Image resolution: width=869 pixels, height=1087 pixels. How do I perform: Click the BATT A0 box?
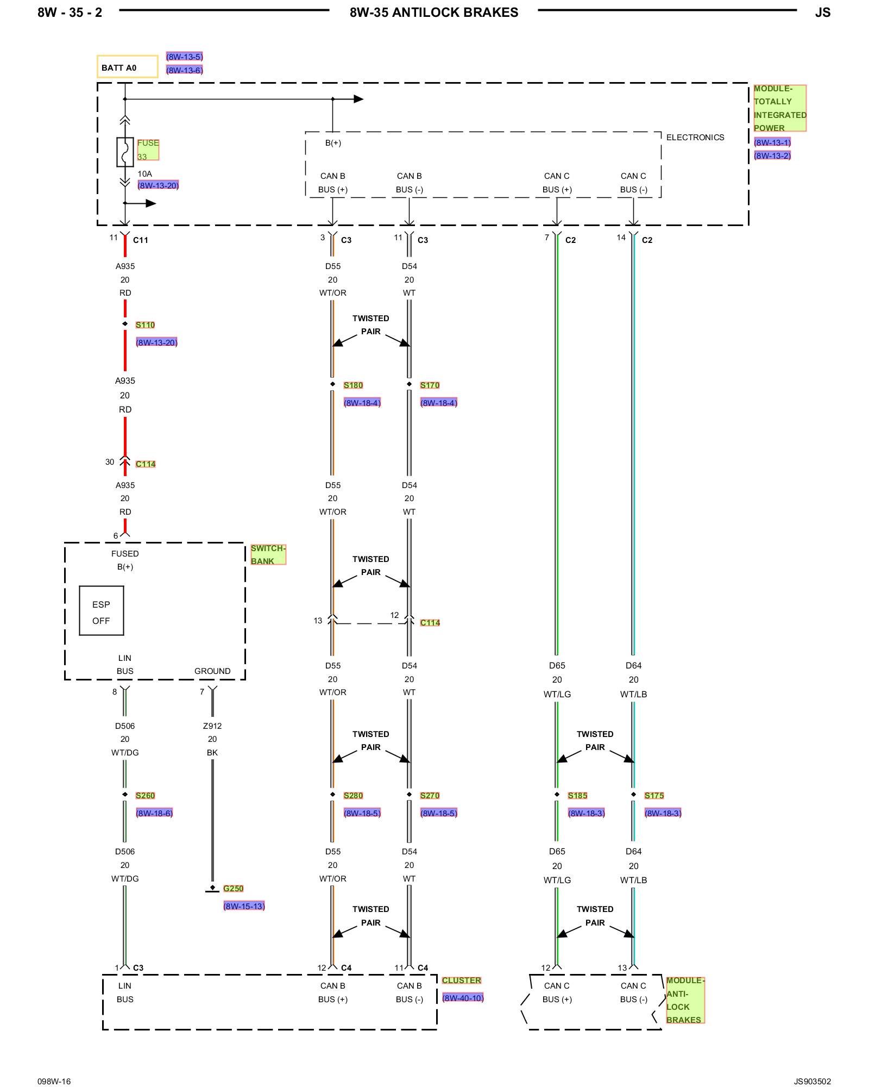(127, 67)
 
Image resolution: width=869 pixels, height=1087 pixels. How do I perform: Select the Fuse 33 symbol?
(125, 152)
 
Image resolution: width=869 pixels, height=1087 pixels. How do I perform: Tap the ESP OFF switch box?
(102, 610)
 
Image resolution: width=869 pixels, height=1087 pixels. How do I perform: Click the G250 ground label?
(233, 889)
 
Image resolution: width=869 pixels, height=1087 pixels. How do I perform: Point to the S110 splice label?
(145, 325)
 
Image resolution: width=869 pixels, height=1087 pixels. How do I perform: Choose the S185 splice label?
(577, 796)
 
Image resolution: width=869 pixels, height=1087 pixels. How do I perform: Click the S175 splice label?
(654, 796)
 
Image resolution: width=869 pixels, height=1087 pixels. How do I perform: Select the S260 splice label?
(145, 796)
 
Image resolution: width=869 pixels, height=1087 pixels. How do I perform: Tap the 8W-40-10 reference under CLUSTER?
(463, 998)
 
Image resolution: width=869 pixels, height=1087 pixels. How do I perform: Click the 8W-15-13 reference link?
(244, 906)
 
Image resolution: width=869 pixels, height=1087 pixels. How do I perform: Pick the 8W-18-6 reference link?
(154, 813)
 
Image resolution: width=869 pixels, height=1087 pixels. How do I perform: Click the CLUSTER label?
(461, 980)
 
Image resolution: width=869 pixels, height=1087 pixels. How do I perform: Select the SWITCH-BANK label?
(268, 554)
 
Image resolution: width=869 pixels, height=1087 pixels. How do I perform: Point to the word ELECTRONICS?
(695, 138)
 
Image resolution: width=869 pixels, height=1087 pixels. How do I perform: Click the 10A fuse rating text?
(144, 174)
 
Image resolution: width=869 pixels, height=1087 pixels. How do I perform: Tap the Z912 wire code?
(212, 726)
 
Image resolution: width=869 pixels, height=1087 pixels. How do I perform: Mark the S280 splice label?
(353, 796)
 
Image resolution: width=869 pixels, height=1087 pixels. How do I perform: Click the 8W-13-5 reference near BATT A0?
(184, 57)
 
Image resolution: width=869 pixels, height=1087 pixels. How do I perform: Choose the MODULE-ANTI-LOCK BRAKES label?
(685, 1000)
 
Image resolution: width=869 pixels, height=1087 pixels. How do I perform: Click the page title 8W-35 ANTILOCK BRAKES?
(433, 13)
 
